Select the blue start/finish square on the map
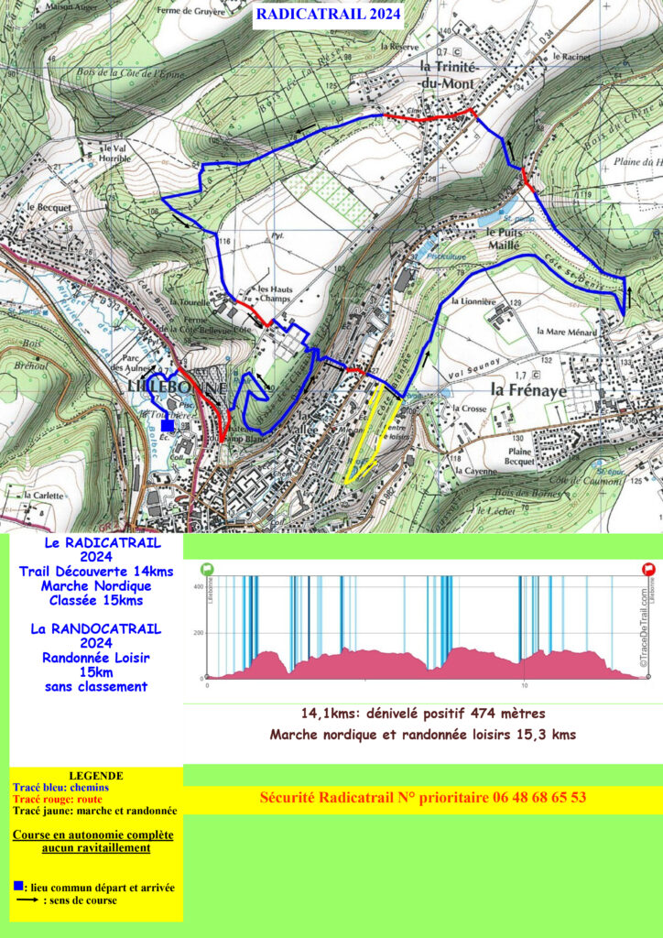[167, 425]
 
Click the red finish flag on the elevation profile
[648, 569]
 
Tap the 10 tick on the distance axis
[524, 685]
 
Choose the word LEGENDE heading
[95, 775]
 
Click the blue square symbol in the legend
[17, 887]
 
